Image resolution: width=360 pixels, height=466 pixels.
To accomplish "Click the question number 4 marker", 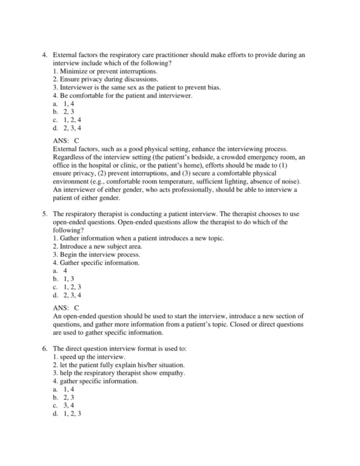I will pos(44,55).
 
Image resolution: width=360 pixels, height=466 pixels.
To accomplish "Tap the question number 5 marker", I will pos(44,214).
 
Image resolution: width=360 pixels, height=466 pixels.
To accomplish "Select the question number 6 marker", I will pos(44,348).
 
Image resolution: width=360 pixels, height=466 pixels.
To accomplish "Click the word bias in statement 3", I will pos(211,87).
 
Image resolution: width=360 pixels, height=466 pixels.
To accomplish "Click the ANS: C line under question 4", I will pos(66,140).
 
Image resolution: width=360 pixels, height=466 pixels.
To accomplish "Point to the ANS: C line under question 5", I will pos(66,307).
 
